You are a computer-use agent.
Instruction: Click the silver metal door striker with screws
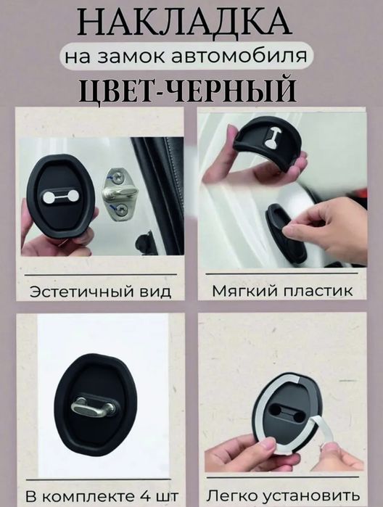[119, 193]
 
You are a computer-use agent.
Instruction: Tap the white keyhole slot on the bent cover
[272, 137]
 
